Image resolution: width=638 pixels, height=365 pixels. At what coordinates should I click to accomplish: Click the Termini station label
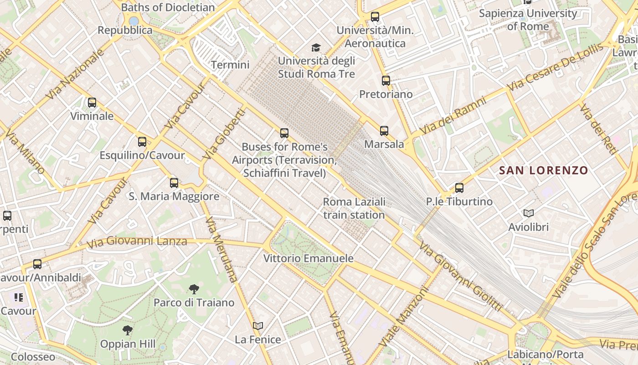point(230,65)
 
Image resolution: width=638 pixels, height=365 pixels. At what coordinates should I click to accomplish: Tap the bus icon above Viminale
point(92,103)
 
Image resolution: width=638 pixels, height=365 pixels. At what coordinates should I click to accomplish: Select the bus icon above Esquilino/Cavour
point(142,142)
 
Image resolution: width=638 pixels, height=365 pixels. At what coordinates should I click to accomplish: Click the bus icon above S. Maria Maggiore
point(174,183)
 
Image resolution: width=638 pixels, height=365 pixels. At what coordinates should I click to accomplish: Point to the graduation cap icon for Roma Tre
point(316,47)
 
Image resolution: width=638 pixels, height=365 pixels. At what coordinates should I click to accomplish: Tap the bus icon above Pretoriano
point(386,81)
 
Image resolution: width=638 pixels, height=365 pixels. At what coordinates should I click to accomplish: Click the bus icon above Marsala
point(384,131)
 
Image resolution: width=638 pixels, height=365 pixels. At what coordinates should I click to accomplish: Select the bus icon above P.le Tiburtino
point(459,188)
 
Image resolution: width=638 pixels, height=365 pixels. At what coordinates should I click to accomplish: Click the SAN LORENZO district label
point(543,171)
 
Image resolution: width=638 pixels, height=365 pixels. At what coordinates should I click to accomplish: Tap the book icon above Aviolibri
point(529,213)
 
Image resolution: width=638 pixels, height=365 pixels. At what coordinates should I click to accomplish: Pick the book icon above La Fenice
point(258,326)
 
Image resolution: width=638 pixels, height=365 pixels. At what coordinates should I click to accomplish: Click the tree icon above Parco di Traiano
point(194,289)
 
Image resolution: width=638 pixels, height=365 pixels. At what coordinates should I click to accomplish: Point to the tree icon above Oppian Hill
point(128,330)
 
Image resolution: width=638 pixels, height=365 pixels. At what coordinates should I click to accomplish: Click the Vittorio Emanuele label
point(309,258)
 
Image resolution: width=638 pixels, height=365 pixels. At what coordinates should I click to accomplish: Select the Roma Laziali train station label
point(354,208)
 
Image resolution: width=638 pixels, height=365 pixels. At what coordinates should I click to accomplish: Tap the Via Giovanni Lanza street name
point(137,242)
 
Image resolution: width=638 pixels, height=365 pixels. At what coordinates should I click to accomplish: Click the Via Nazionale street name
point(75,74)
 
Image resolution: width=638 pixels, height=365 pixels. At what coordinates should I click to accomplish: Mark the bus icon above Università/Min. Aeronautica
point(375,17)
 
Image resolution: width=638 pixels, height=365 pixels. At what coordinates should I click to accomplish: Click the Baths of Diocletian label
point(168,7)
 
